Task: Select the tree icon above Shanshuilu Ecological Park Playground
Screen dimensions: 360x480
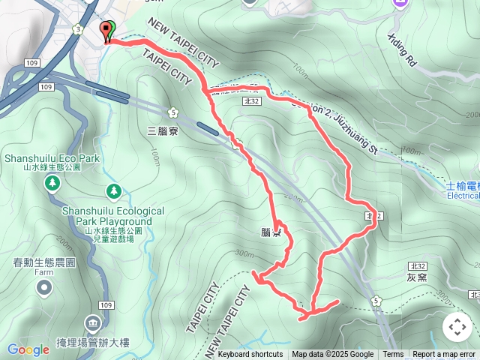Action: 113,191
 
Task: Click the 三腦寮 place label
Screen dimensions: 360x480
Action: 162,130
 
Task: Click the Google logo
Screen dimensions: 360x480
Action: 28,349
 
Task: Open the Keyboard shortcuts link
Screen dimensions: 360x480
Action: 250,355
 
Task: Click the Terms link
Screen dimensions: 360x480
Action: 393,355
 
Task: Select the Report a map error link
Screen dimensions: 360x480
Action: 444,355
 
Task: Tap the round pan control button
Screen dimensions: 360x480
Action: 457,327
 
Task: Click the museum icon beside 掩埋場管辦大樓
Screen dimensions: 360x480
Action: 93,325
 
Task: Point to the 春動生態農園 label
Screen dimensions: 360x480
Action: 44,262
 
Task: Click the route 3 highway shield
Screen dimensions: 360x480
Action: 77,28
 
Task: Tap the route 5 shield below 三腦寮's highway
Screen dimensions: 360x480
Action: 173,112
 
